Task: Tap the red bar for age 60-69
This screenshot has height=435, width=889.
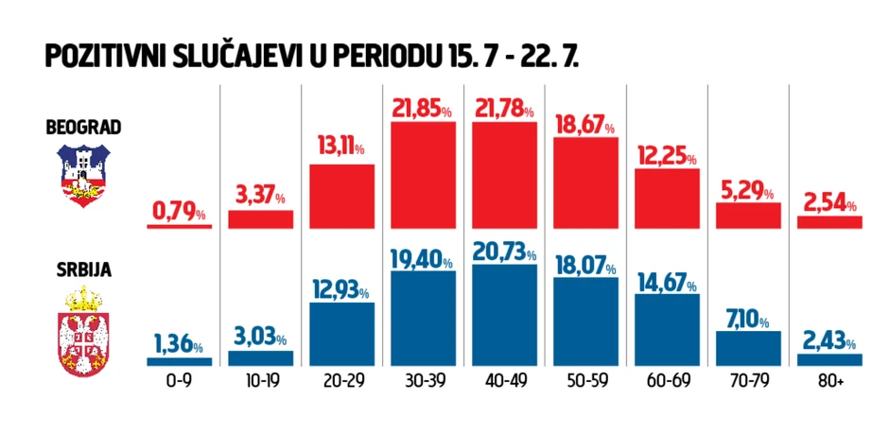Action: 667,199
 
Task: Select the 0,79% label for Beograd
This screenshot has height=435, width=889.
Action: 179,213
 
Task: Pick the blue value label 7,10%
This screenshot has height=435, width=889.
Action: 748,317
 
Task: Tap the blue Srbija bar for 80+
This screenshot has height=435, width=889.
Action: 829,359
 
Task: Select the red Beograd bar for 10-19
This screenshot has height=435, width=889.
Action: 261,219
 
